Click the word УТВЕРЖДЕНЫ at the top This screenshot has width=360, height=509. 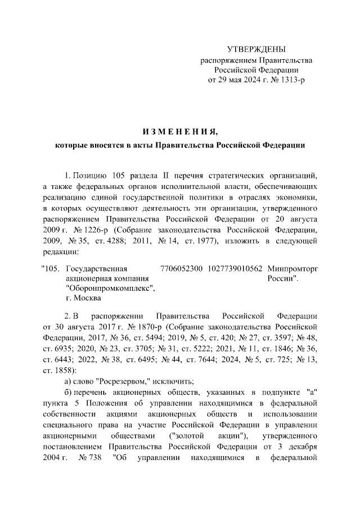click(256, 50)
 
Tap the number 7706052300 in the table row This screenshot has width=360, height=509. click(182, 268)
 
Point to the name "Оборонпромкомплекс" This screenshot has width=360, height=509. click(110, 289)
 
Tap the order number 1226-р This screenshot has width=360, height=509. click(97, 231)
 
